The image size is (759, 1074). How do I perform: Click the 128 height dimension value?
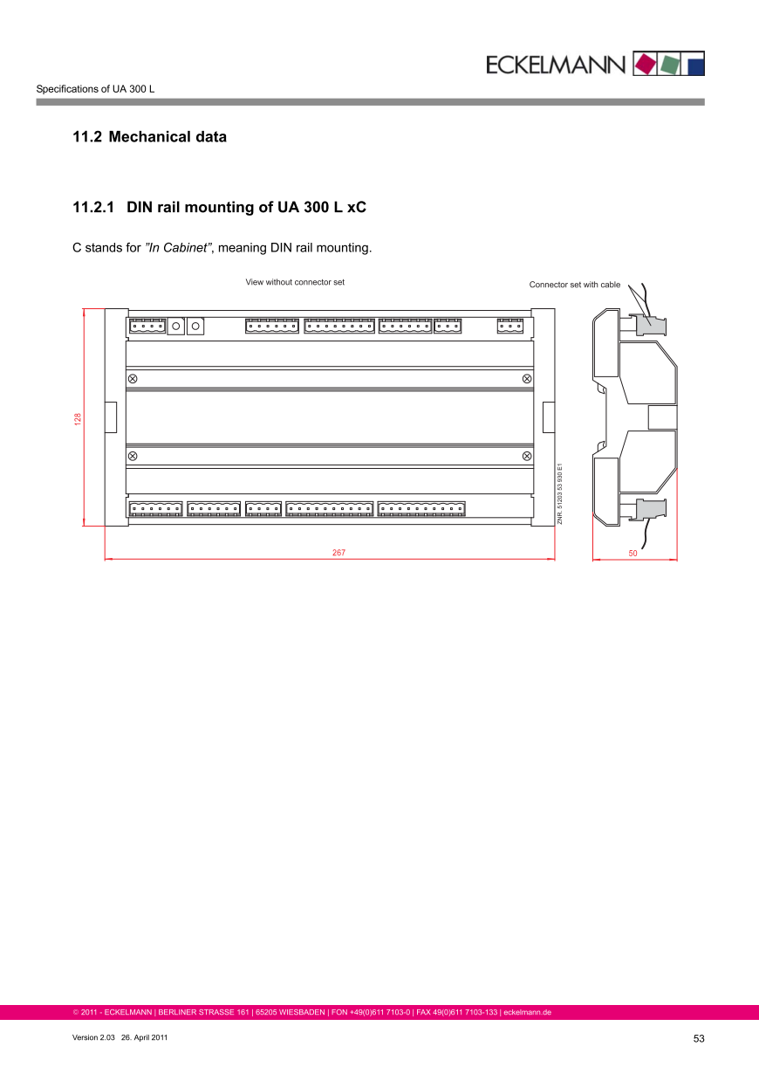(78, 419)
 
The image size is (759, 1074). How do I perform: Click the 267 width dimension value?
(338, 553)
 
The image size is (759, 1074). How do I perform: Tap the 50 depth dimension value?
(632, 554)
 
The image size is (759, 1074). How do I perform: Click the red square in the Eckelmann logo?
(645, 64)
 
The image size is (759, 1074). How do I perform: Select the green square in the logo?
(669, 65)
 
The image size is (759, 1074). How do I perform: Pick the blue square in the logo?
(696, 67)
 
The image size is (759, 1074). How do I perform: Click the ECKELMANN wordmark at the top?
(556, 65)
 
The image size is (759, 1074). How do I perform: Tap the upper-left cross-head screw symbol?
(133, 379)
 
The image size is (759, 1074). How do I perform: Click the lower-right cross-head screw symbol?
(527, 456)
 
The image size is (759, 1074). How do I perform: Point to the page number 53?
(699, 1038)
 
